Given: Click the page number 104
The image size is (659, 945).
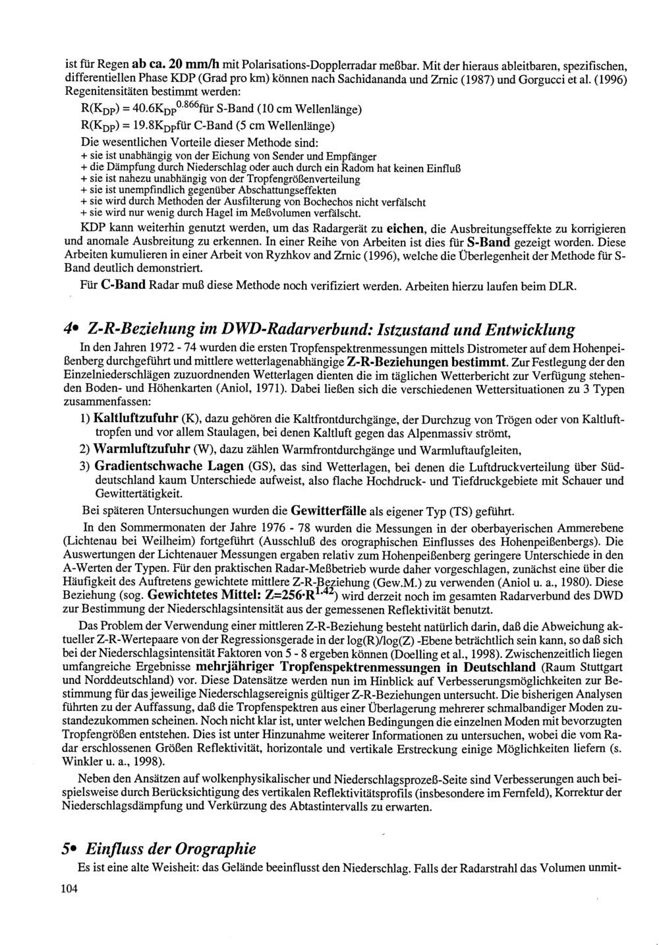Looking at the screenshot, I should [x=69, y=889].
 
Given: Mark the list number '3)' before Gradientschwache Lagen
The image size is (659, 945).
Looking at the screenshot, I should [x=84, y=467].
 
